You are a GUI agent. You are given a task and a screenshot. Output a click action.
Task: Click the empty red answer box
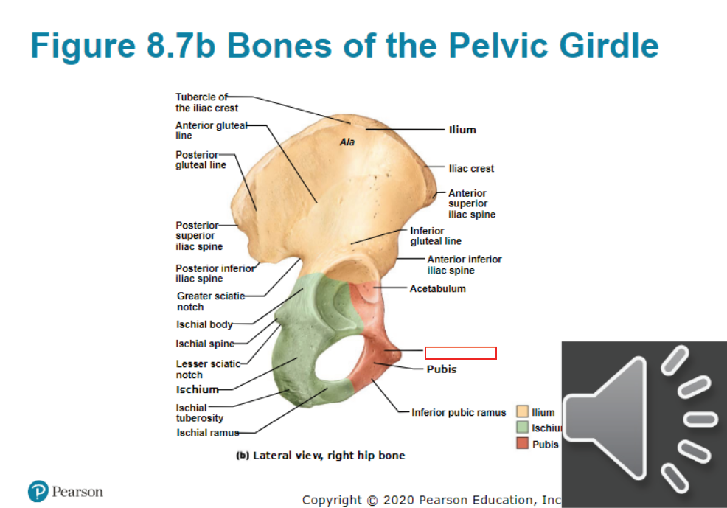tap(460, 353)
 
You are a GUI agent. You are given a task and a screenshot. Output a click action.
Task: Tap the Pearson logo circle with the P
tap(38, 491)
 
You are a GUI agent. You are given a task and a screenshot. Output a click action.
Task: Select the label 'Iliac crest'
tap(471, 169)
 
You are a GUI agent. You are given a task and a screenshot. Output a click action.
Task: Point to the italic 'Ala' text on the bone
tap(347, 142)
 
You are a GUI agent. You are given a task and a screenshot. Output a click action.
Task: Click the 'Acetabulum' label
tap(438, 289)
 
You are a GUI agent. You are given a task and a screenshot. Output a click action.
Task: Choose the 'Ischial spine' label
tap(205, 344)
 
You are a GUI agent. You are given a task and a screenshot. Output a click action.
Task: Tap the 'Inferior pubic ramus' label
tap(459, 412)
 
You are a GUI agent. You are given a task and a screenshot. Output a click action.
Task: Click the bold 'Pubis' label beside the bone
tap(442, 369)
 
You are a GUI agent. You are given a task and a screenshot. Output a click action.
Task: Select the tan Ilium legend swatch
tap(523, 411)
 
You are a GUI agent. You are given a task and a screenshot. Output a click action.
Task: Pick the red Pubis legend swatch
tap(523, 444)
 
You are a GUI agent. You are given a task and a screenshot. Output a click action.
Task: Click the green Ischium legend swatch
tap(523, 427)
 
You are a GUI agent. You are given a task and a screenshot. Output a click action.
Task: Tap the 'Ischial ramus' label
tap(208, 433)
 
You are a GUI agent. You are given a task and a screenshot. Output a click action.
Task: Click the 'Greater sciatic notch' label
tap(211, 302)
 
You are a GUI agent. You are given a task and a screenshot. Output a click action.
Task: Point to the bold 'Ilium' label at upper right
tap(462, 130)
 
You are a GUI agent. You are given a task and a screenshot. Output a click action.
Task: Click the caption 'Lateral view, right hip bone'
tap(329, 456)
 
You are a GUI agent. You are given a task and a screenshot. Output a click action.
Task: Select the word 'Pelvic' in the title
tap(499, 46)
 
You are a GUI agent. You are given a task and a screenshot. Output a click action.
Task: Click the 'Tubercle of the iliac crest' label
tap(206, 102)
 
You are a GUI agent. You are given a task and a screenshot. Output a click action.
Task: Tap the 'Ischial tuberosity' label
tap(200, 413)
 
